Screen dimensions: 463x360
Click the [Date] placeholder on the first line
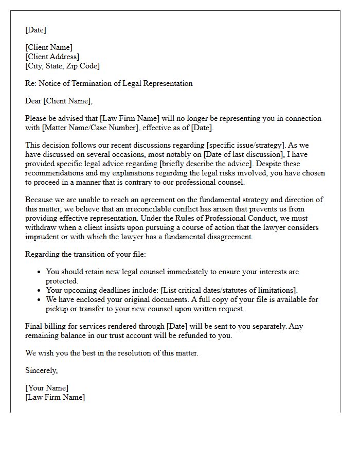pyautogui.click(x=35, y=30)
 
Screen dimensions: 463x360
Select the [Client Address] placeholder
pyautogui.click(x=52, y=57)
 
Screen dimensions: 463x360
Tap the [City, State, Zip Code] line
pyautogui.click(x=62, y=66)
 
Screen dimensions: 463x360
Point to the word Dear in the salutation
pyautogui.click(x=33, y=101)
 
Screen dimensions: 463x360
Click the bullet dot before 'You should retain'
pyautogui.click(x=40, y=272)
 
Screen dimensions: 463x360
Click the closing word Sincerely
pyautogui.click(x=42, y=370)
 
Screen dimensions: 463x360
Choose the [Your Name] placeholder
pyautogui.click(x=47, y=388)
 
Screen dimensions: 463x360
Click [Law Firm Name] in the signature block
pyautogui.click(x=55, y=397)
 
